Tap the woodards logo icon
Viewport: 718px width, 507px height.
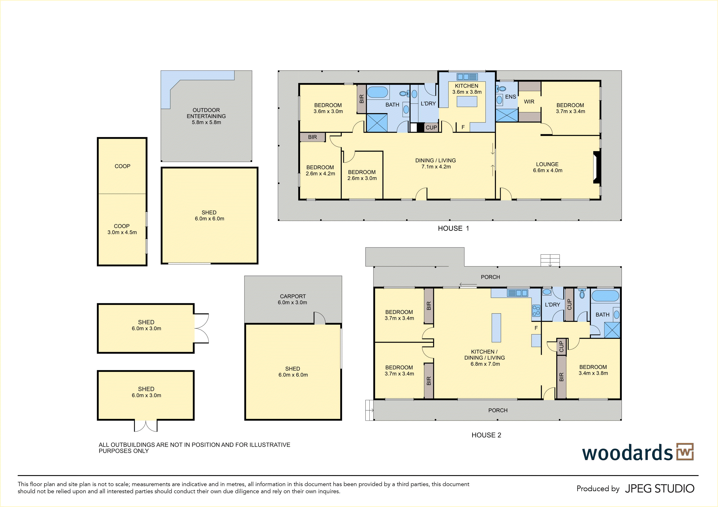[x=685, y=452]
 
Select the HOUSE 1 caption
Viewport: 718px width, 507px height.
[x=453, y=228]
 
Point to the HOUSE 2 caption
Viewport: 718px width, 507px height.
[x=486, y=435]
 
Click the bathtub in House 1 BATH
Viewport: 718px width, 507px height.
[x=377, y=92]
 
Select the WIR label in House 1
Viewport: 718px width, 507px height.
[x=529, y=102]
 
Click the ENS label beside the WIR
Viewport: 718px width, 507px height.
[x=511, y=97]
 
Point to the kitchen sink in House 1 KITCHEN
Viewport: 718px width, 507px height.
[x=467, y=77]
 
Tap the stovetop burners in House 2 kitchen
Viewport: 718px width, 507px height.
[x=536, y=311]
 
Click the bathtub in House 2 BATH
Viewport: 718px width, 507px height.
[x=605, y=296]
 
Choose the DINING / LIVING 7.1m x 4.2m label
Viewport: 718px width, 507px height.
[x=436, y=164]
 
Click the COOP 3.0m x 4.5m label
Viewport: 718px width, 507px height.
[x=122, y=229]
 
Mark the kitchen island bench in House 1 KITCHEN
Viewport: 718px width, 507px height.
[x=467, y=102]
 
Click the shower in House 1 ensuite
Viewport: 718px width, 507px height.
[x=507, y=115]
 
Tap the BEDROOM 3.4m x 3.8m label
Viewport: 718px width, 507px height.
[x=593, y=370]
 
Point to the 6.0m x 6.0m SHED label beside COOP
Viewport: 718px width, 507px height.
[x=209, y=215]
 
